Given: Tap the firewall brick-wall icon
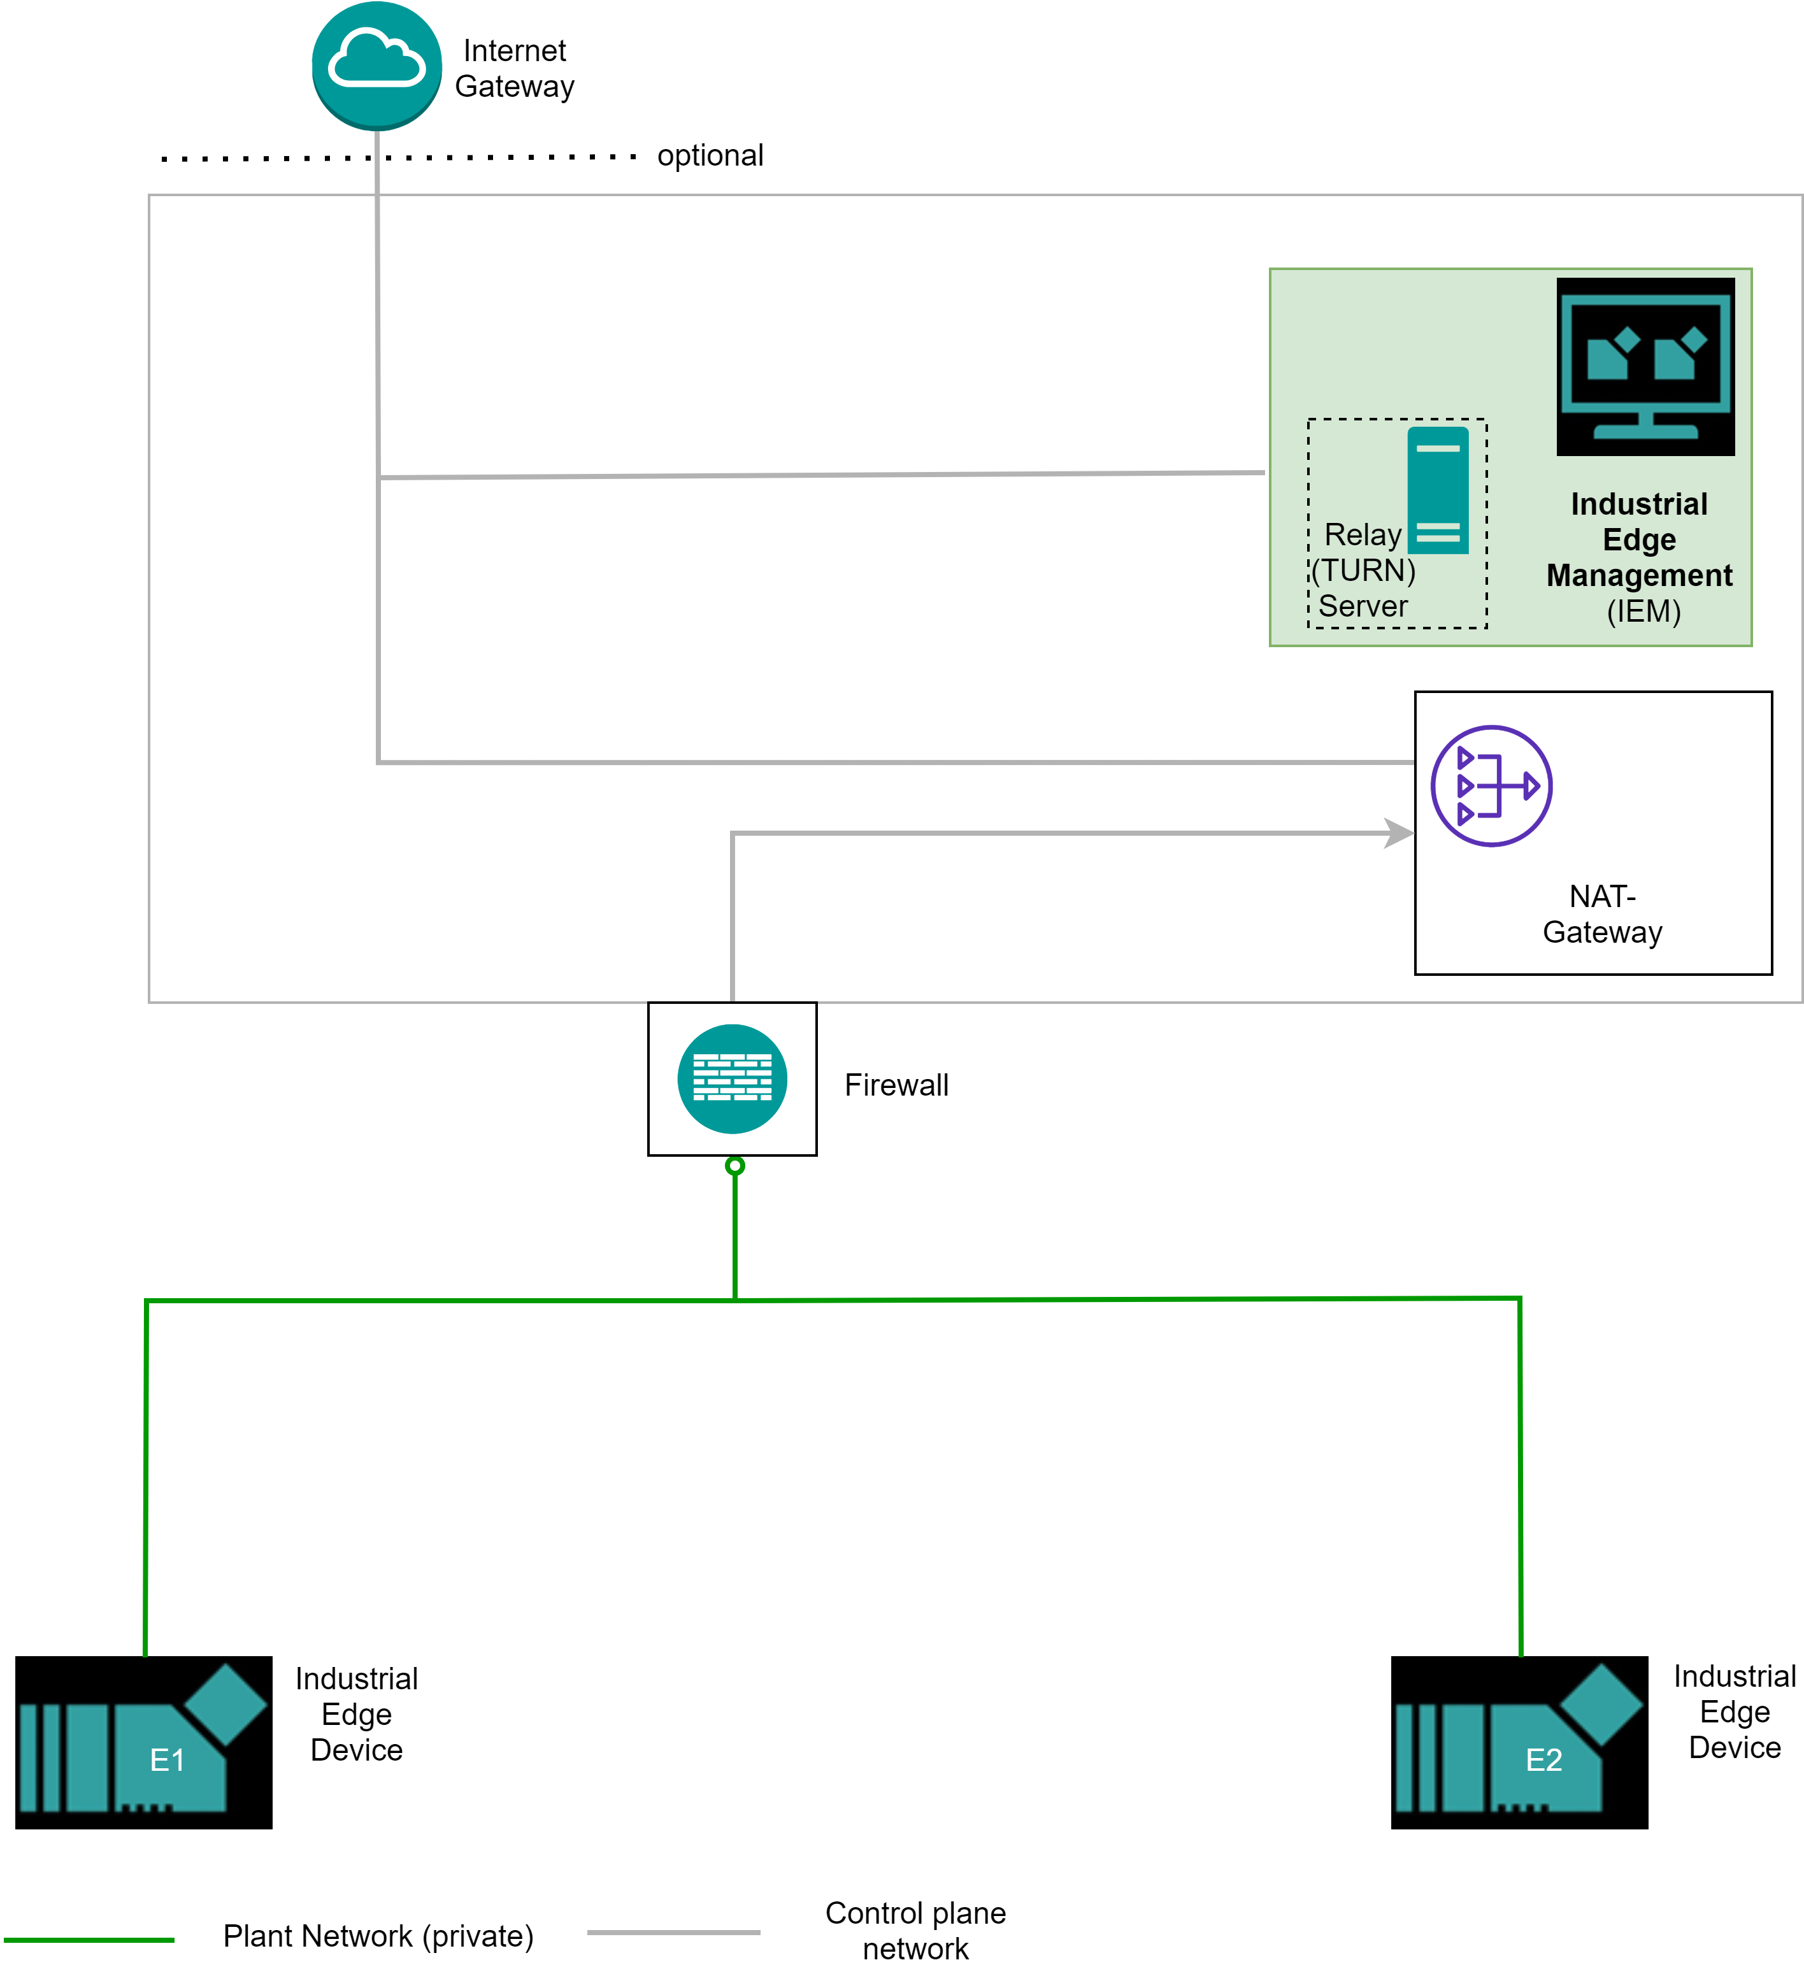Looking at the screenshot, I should [732, 1078].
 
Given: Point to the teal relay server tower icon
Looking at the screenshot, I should [1438, 490].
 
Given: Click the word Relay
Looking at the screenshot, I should [1362, 535].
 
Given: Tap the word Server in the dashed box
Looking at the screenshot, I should [1363, 606].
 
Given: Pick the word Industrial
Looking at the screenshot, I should [1639, 504].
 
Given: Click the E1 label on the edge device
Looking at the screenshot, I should [167, 1760].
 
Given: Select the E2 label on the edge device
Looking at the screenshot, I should [1543, 1760].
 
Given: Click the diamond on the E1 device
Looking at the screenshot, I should [226, 1705].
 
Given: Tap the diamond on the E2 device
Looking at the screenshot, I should [1602, 1705].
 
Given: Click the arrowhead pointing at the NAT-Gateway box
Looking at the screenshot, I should [1400, 833].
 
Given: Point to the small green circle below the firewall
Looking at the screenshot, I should [735, 1166].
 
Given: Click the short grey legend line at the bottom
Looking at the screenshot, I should [673, 1932].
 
